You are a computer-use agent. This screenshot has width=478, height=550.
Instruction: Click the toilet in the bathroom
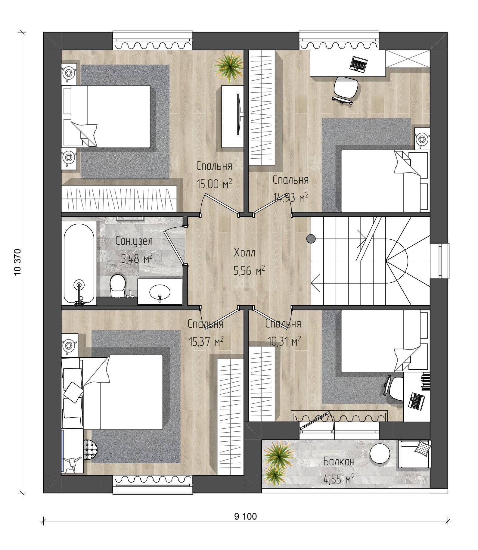(117, 286)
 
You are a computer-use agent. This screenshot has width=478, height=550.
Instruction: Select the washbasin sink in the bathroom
(160, 292)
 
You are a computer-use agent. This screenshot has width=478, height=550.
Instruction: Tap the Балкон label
(339, 461)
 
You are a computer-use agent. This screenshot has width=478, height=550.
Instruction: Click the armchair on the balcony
(414, 454)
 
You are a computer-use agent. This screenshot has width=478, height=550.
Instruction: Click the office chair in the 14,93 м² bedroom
(347, 89)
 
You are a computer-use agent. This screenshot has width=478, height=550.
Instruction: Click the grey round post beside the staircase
(311, 239)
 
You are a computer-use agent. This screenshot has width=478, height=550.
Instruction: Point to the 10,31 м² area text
(284, 341)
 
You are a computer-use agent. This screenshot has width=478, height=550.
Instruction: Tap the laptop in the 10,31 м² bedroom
(417, 400)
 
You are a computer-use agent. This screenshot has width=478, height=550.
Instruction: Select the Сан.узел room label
(134, 241)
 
